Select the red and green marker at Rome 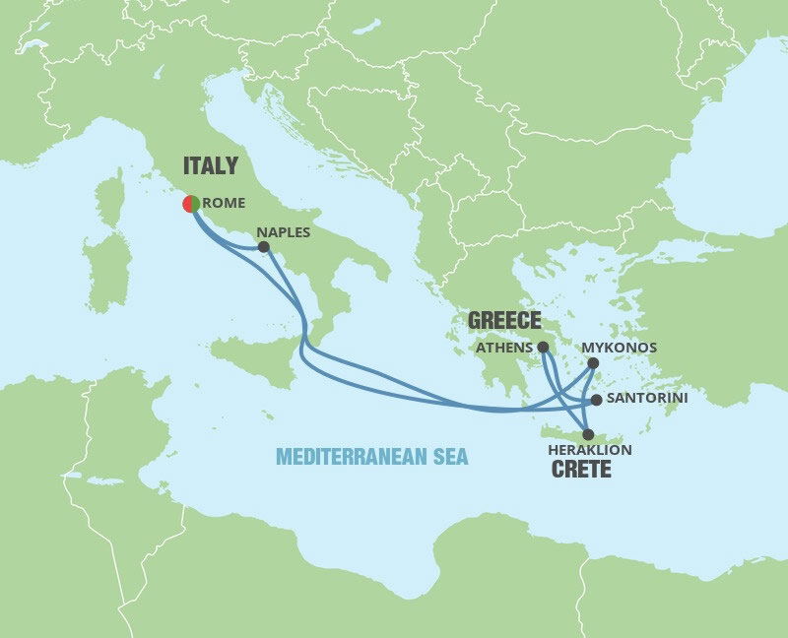click(191, 204)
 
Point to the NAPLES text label click(283, 233)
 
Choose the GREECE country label click(504, 321)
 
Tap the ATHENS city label click(503, 348)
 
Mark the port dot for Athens click(543, 347)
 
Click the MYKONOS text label click(619, 348)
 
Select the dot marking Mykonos click(593, 363)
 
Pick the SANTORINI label click(647, 399)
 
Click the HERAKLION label click(589, 450)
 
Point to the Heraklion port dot click(588, 434)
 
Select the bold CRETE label click(581, 470)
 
